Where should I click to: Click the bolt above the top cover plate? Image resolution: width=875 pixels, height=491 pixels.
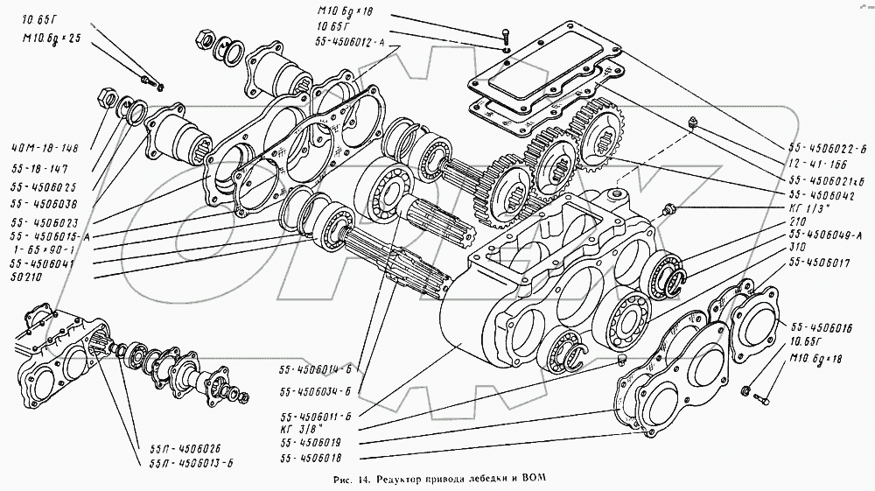tap(507, 37)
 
